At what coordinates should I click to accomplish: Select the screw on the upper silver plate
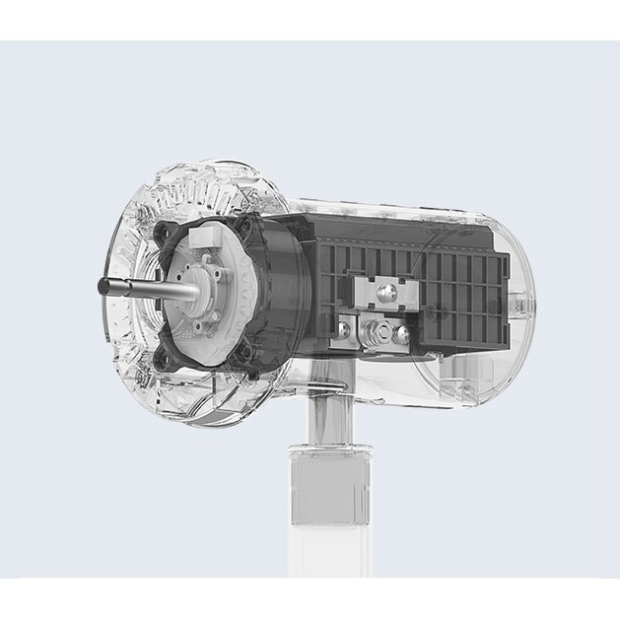tap(385, 290)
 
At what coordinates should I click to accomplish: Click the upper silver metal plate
tap(379, 292)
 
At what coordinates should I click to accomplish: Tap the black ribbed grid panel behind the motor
tap(463, 291)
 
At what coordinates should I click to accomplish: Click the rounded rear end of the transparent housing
tap(517, 306)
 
